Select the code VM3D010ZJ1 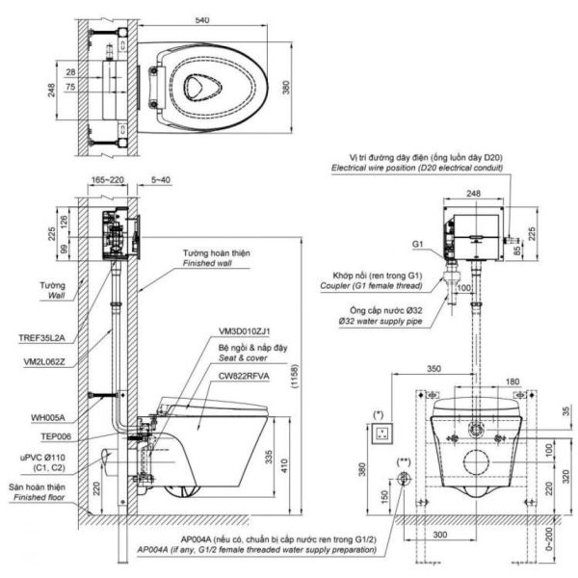pyautogui.click(x=247, y=330)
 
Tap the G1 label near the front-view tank pyautogui.click(x=417, y=246)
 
